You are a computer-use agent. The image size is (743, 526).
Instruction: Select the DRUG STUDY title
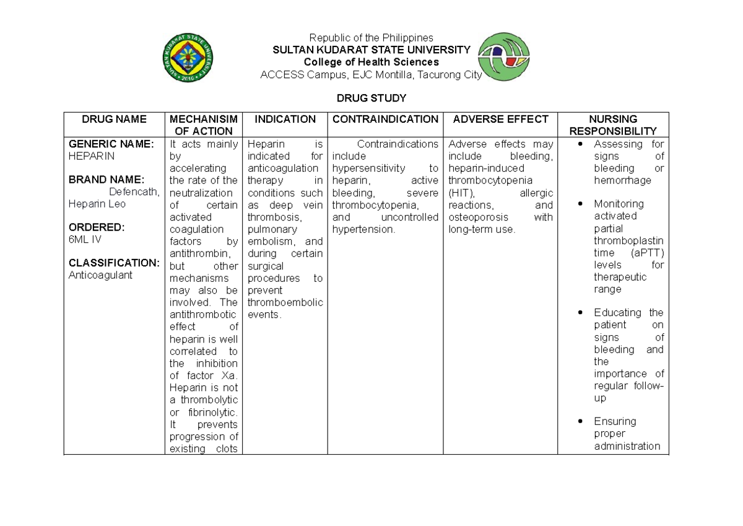click(371, 99)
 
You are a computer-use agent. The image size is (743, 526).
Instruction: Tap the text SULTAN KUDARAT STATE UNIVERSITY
click(371, 50)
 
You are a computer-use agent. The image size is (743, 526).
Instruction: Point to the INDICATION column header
click(285, 119)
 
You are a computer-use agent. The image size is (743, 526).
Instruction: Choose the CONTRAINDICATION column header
click(385, 119)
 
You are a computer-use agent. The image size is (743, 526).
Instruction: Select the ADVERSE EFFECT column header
click(500, 119)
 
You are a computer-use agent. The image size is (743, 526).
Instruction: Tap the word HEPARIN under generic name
click(92, 156)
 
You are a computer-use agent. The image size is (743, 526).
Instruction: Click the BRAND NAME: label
click(106, 180)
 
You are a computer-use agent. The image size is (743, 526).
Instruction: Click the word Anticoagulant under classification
click(100, 275)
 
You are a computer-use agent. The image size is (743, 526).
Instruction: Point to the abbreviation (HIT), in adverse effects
click(461, 193)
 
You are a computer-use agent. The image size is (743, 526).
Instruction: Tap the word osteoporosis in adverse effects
click(477, 217)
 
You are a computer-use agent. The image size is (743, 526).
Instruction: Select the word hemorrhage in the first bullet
click(622, 180)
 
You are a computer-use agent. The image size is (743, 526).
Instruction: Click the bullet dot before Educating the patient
click(580, 313)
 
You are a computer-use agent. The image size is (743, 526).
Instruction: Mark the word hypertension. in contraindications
click(363, 229)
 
